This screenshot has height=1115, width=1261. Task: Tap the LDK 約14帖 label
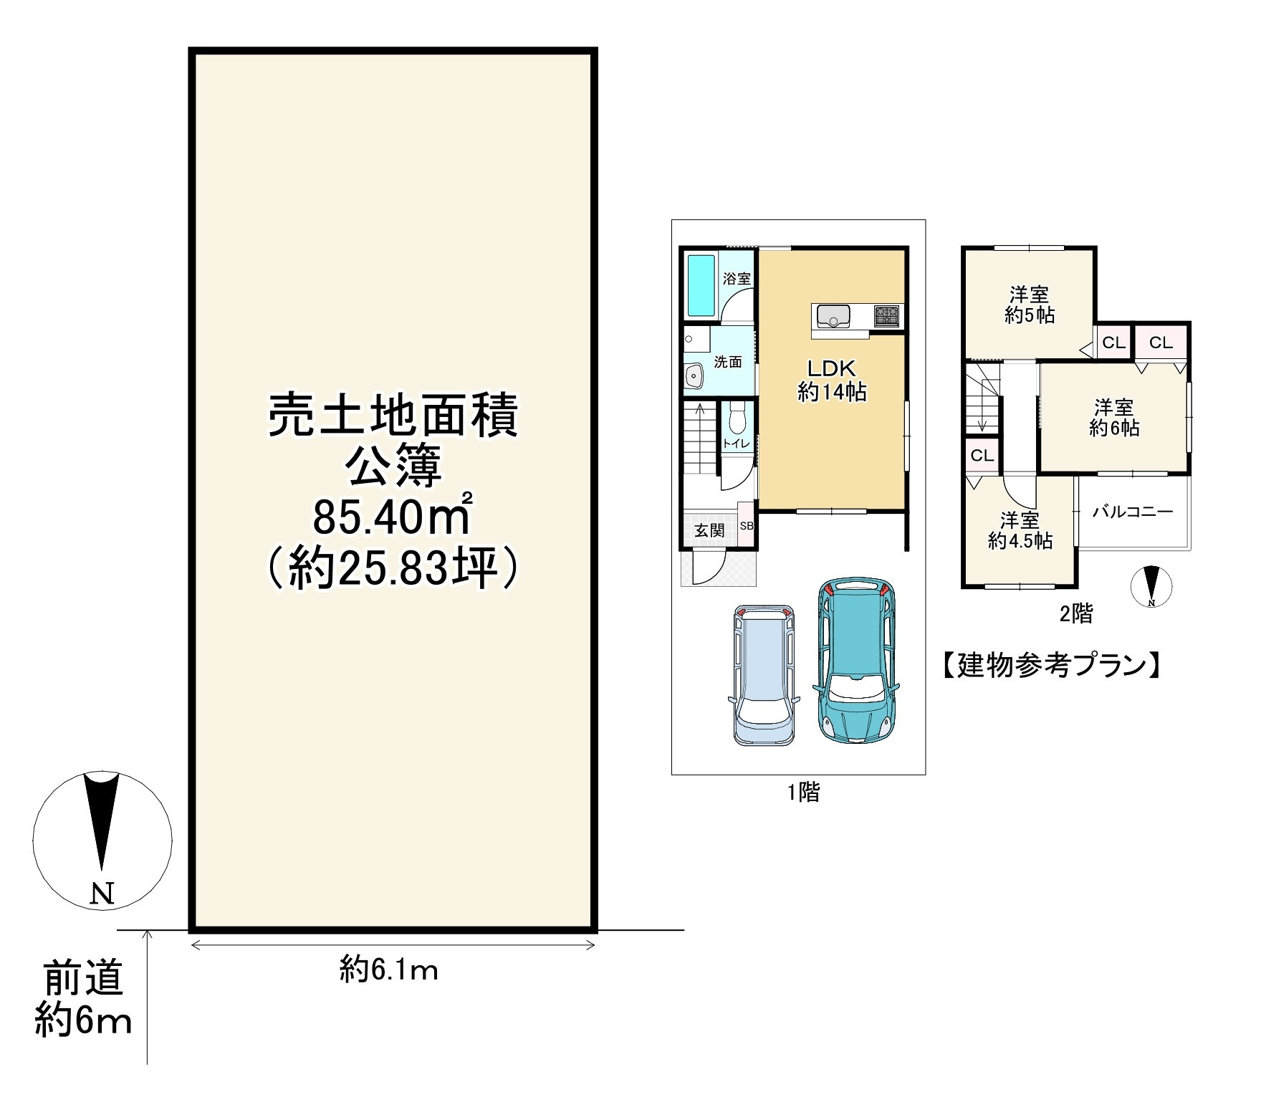(832, 381)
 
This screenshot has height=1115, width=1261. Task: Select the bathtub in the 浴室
(702, 284)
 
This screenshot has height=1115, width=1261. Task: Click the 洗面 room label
(728, 362)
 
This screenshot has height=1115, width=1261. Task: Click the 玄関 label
(709, 530)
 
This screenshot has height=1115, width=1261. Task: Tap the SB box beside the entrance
(747, 526)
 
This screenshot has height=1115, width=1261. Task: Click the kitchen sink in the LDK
(832, 315)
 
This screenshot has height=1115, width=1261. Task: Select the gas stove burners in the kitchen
(886, 315)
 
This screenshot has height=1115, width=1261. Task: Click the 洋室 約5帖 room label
(1030, 305)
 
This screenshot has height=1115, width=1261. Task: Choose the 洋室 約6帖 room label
(1114, 418)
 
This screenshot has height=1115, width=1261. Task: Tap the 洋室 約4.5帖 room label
(1020, 531)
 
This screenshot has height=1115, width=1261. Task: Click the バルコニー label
(1132, 512)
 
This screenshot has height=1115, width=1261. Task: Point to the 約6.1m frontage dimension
(389, 971)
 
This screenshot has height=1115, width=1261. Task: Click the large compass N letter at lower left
(103, 894)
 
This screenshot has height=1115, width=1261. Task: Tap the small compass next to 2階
(1151, 586)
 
